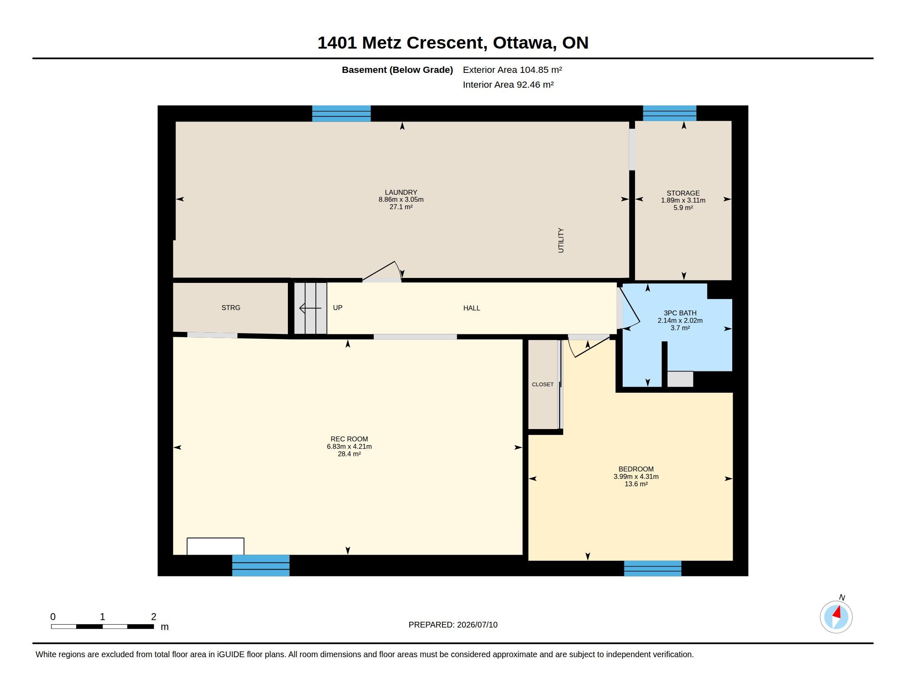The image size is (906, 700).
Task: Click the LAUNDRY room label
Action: [401, 192]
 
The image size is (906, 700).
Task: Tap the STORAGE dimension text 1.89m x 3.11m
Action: [683, 200]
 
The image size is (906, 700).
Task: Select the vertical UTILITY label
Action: [561, 240]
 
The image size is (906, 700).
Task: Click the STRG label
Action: [231, 308]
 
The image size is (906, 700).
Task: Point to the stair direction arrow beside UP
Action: [310, 308]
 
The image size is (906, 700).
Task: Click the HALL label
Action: [472, 308]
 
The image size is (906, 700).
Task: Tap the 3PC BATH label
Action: [680, 313]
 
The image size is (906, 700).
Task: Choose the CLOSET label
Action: [543, 385]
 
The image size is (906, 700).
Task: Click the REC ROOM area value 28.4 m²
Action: [349, 454]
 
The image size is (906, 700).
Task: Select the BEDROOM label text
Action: [636, 469]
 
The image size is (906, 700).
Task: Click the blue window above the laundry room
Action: [341, 114]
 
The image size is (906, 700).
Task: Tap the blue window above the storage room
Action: [670, 113]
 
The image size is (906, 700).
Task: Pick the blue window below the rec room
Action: [261, 566]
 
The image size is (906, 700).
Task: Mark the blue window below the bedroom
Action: [653, 569]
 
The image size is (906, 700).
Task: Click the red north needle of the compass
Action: [837, 611]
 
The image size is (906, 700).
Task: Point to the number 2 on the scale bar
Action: [154, 617]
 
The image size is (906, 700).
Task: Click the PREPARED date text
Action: [453, 625]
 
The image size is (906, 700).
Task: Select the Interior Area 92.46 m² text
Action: [508, 84]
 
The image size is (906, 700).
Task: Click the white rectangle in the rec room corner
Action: [215, 546]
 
